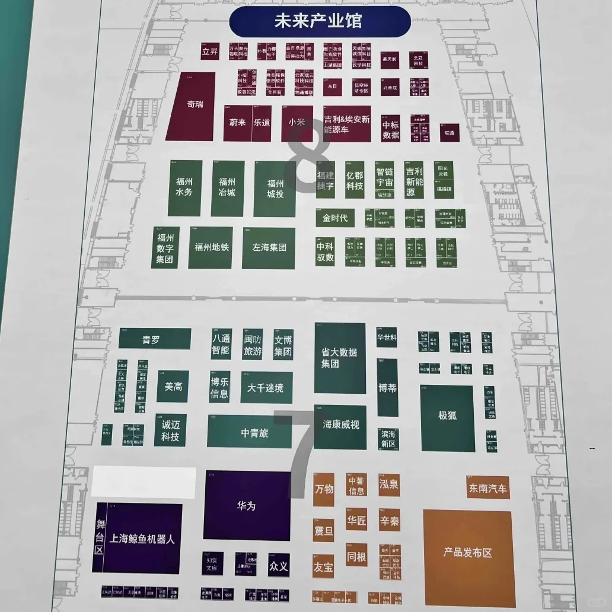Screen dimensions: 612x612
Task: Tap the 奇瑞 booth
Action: point(194,106)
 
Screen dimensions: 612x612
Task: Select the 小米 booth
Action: point(297,123)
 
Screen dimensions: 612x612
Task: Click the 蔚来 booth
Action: point(237,123)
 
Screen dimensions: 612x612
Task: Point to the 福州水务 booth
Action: point(184,187)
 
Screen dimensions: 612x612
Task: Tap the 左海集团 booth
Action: point(269,247)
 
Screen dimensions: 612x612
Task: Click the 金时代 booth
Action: point(334,218)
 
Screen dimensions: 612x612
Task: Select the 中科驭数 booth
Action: point(325,251)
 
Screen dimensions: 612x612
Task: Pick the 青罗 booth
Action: point(154,340)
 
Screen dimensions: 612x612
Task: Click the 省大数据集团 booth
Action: point(339,357)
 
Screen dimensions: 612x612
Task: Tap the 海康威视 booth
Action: point(340,425)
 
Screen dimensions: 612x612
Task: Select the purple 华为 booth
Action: point(247,506)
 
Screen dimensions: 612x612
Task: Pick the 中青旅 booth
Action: point(254,433)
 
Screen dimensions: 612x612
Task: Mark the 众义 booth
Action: point(278,566)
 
